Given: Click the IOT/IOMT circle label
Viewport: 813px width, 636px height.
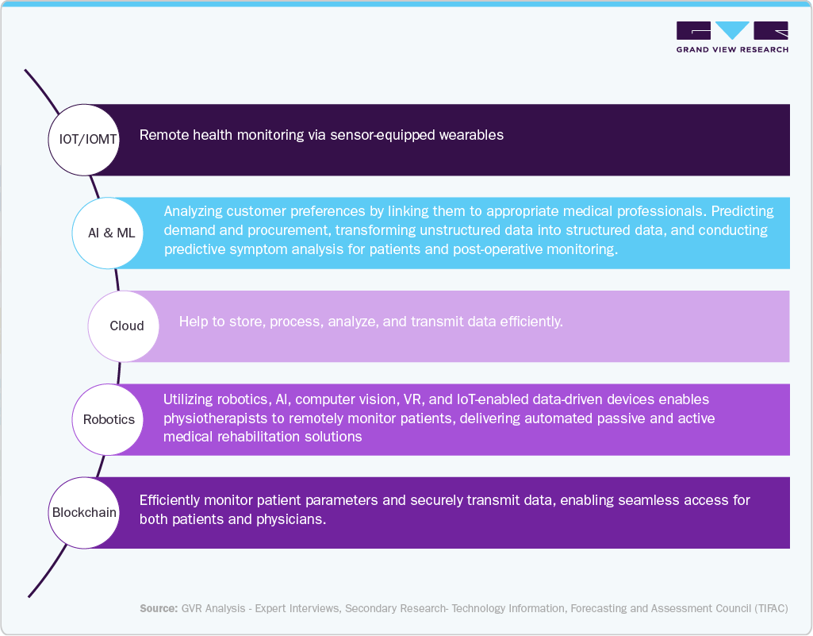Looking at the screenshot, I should [88, 139].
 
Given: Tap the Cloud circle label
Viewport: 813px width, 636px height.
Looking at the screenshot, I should [127, 326].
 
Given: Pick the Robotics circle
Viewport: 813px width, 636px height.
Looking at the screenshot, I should [109, 419].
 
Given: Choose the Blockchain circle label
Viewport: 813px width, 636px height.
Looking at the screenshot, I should [84, 512].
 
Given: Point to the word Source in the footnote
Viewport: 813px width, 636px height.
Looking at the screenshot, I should [157, 608].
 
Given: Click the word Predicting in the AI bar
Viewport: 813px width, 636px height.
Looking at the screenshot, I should [742, 212].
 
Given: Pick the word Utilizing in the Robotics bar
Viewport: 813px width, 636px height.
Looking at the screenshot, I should [190, 399].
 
